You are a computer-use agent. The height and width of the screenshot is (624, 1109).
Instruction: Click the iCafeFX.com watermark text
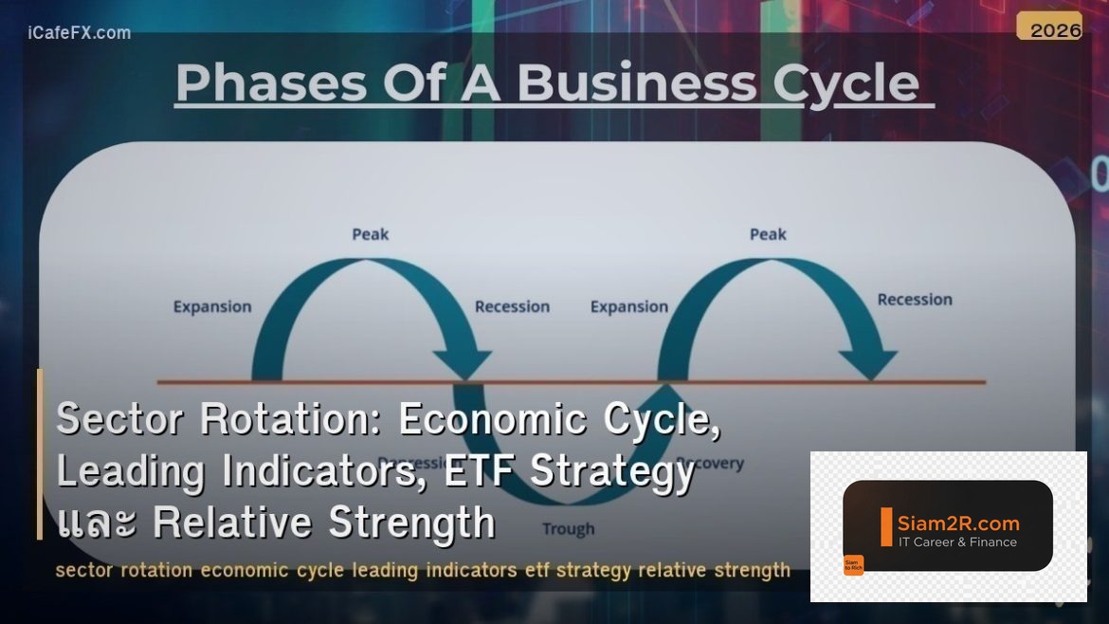80,33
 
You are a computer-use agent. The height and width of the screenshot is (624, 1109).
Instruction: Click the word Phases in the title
271,83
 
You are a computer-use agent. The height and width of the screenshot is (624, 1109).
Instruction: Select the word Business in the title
636,83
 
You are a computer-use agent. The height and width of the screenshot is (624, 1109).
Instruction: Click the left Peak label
370,234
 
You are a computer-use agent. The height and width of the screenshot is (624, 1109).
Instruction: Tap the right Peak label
768,234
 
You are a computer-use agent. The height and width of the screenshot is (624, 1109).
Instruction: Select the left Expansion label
212,306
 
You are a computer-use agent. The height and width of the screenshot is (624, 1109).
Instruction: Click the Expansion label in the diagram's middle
629,306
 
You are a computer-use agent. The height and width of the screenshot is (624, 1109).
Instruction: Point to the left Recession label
512,306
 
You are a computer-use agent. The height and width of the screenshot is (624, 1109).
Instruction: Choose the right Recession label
915,300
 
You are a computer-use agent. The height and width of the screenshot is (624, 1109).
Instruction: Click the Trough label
569,529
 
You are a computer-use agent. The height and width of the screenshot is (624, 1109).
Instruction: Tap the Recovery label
711,464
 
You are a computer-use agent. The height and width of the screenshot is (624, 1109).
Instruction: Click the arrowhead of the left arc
462,364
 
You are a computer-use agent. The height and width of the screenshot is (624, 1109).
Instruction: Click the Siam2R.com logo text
958,523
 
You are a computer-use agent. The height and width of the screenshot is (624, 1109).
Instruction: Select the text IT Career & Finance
957,542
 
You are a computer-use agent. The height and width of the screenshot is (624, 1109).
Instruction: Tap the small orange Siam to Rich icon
853,565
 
